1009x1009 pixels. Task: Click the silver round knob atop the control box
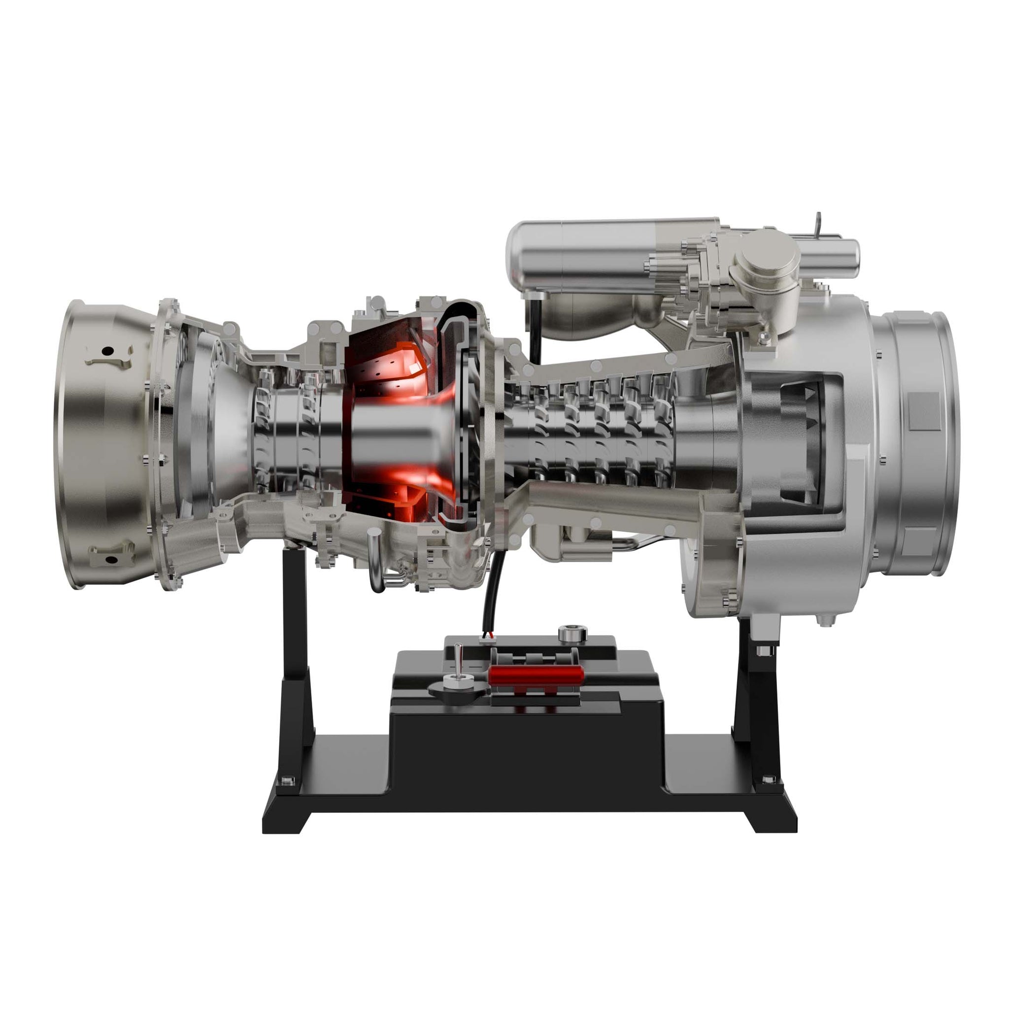click(x=572, y=634)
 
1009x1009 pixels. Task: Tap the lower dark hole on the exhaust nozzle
click(x=111, y=560)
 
